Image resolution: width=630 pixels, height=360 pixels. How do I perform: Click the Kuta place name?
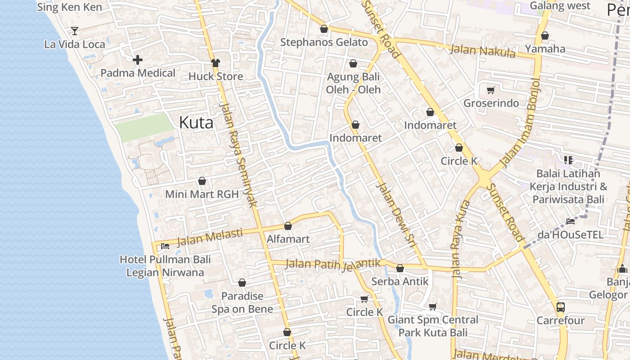(196, 122)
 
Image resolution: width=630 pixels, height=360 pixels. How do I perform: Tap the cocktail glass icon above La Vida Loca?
(75, 31)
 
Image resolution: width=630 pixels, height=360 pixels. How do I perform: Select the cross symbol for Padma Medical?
(138, 60)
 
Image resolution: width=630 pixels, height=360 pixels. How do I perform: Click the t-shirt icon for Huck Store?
(216, 63)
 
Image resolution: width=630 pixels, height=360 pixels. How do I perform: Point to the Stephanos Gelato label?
(324, 42)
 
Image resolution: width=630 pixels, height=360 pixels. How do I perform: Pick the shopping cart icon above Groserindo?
(491, 90)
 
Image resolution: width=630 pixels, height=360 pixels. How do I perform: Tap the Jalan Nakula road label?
(483, 50)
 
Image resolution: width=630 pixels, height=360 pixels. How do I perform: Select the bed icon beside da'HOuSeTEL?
(571, 221)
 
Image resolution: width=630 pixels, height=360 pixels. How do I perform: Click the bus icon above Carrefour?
(560, 307)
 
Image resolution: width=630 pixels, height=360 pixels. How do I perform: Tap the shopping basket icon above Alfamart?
(288, 226)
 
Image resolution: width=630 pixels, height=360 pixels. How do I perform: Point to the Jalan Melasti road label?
(210, 237)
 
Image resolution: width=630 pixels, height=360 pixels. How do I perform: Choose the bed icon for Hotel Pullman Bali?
(165, 246)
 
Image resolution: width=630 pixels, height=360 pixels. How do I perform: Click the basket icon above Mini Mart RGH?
(202, 181)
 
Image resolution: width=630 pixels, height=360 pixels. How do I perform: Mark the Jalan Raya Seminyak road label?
(238, 155)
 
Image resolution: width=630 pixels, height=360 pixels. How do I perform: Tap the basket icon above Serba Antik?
(400, 269)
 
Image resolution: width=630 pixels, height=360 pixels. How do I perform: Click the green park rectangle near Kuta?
(144, 127)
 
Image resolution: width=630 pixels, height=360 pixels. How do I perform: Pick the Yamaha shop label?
(545, 49)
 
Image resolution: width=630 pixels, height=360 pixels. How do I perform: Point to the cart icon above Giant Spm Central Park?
(433, 307)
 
